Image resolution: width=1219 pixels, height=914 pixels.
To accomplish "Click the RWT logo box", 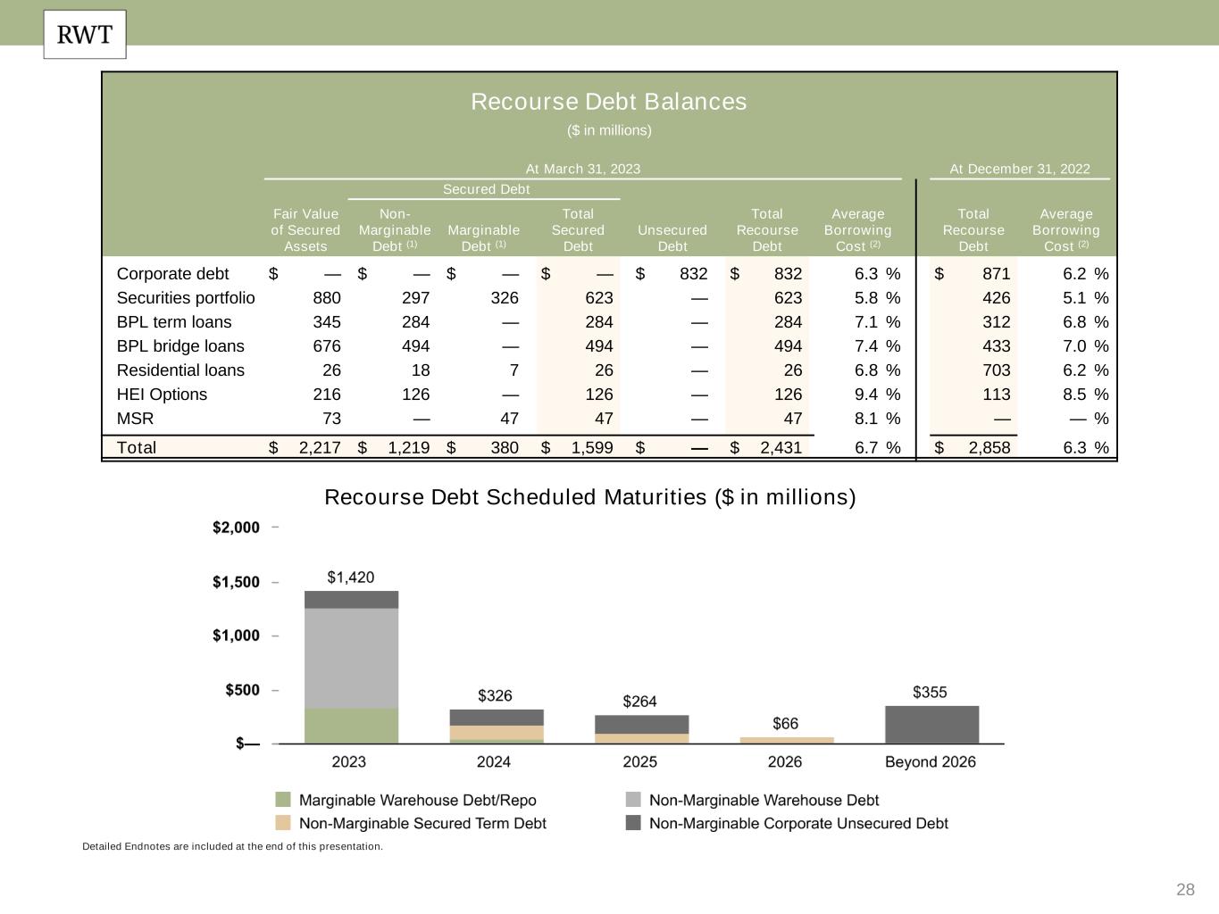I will coord(85,35).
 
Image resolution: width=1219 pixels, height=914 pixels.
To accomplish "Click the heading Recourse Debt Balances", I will coord(608,102).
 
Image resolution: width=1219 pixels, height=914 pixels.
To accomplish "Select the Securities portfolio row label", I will coord(186,298).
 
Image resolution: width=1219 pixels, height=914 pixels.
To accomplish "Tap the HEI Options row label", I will coord(162,395).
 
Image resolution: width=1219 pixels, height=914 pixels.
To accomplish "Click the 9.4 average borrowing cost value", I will coord(865,395).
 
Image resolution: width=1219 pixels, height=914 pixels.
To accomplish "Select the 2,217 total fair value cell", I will coord(319,448).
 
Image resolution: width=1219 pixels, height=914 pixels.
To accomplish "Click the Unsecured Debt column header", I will coord(672,238).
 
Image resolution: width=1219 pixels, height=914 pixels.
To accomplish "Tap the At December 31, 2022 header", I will coord(1020,169).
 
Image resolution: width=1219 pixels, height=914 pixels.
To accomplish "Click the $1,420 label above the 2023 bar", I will coord(351,577).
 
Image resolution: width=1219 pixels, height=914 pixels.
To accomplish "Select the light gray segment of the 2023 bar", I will coord(351,658).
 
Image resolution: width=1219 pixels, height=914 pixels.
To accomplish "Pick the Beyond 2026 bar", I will coord(931,725).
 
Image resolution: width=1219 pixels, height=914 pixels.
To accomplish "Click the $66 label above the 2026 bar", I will coord(786,723).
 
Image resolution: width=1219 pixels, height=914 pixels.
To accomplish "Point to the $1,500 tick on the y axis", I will coord(236,582).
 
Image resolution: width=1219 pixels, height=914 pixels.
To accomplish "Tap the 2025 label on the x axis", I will coord(639,761).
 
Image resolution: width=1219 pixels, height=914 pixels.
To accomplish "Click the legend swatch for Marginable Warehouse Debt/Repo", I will coord(283,800).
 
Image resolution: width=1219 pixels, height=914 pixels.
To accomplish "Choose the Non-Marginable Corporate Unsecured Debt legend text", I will coord(798,823).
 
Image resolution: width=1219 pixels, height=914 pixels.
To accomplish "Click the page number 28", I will coord(1185,889).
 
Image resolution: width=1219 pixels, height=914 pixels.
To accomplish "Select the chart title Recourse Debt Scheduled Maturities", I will coord(589,497).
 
